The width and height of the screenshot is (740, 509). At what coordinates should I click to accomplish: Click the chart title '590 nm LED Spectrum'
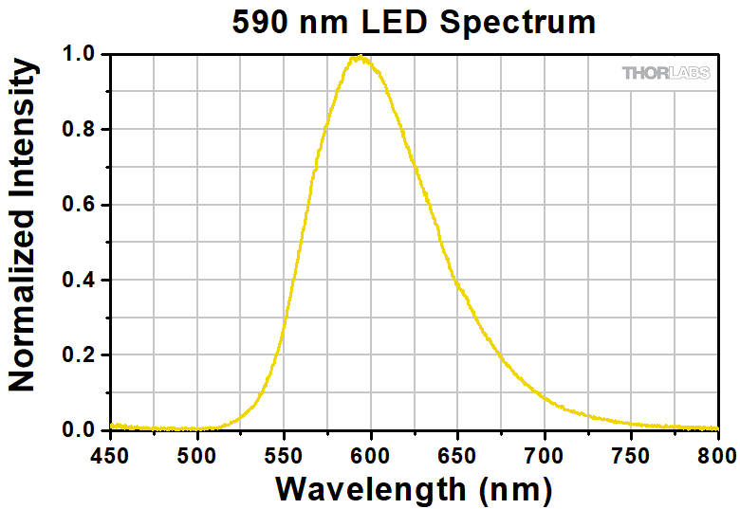[414, 21]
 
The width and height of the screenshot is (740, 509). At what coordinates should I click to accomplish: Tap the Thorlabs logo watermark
[665, 73]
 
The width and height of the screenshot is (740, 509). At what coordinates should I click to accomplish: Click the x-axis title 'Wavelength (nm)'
[414, 488]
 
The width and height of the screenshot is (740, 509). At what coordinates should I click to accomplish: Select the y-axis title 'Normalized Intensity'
[22, 226]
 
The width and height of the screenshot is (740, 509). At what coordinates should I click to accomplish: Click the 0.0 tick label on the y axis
[79, 430]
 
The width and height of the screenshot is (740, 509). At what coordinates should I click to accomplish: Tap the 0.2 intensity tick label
[79, 355]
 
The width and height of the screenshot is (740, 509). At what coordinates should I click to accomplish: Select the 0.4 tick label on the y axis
[79, 281]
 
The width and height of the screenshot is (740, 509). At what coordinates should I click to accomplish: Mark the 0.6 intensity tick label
[79, 205]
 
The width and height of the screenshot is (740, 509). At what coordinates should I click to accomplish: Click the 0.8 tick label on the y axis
[79, 130]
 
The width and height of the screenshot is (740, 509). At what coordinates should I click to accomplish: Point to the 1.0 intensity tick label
[79, 55]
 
